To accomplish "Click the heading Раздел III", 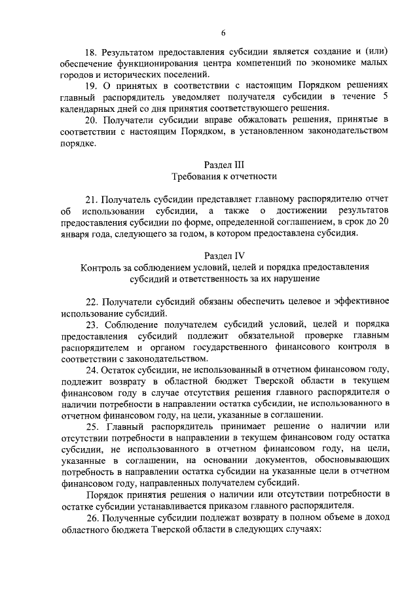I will pyautogui.click(x=223, y=165).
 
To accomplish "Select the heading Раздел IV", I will pyautogui.click(x=223, y=255).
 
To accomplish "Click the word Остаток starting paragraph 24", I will pyautogui.click(x=123, y=370).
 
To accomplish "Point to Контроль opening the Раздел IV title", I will pyautogui.click(x=102, y=267).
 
